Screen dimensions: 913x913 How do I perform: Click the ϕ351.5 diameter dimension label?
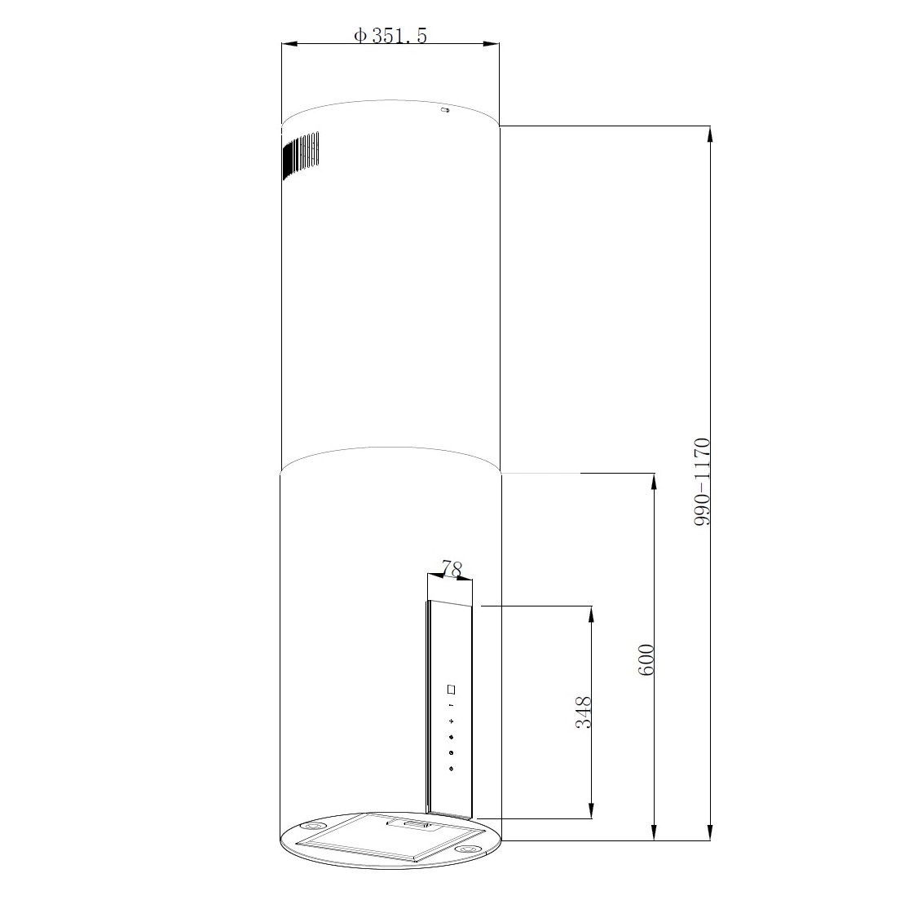pyautogui.click(x=390, y=36)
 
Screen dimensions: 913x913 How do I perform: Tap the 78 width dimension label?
pyautogui.click(x=452, y=567)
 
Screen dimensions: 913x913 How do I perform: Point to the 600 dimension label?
pyautogui.click(x=646, y=659)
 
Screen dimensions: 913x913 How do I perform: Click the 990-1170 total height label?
pyautogui.click(x=702, y=482)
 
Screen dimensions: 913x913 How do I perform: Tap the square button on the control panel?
pyautogui.click(x=452, y=690)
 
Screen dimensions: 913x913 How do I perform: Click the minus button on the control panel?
pyautogui.click(x=452, y=706)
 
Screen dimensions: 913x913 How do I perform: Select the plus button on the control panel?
pyautogui.click(x=452, y=721)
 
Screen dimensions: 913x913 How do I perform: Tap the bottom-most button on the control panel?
pyautogui.click(x=452, y=770)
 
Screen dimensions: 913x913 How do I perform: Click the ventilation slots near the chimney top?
pyautogui.click(x=301, y=155)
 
